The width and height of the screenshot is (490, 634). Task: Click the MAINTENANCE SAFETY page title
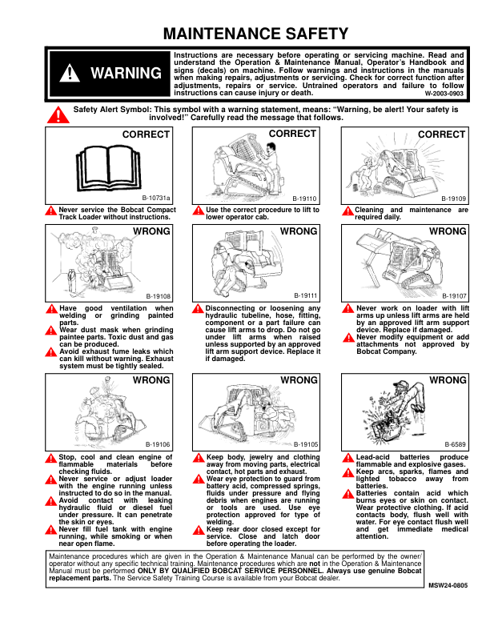255,34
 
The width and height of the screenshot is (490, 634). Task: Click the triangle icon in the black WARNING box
71,73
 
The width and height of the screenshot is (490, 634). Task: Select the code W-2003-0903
444,93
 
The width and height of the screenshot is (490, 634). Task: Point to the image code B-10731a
157,197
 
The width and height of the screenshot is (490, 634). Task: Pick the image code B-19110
306,197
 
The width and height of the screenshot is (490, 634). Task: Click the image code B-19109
454,197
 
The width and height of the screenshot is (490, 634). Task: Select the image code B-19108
157,295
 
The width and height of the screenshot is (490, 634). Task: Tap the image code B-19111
306,295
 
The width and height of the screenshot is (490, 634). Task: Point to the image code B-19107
454,295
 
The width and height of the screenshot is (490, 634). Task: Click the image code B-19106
157,443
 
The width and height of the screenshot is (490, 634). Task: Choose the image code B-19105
306,443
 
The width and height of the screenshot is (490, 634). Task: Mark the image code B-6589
456,443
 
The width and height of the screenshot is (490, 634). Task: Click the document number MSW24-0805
447,586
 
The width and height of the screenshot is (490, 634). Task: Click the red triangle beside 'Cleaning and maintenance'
347,211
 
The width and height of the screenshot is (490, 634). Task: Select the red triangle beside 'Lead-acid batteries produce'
347,458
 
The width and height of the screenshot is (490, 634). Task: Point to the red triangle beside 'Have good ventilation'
51,309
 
